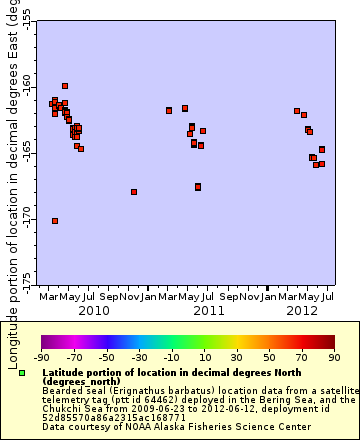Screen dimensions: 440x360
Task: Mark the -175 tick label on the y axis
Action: point(25,277)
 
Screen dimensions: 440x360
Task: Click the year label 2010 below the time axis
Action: point(94,311)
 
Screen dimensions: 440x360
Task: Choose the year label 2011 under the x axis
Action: point(208,311)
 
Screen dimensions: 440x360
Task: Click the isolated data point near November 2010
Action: point(134,192)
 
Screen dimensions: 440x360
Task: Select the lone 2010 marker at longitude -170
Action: point(55,221)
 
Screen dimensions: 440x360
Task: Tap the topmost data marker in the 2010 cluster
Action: point(65,86)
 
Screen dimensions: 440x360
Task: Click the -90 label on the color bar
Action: point(41,356)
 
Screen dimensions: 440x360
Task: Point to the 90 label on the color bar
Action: point(333,356)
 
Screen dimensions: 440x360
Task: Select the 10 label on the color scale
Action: point(204,356)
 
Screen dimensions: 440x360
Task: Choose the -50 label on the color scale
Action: point(106,356)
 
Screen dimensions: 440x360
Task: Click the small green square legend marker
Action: point(22,373)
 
